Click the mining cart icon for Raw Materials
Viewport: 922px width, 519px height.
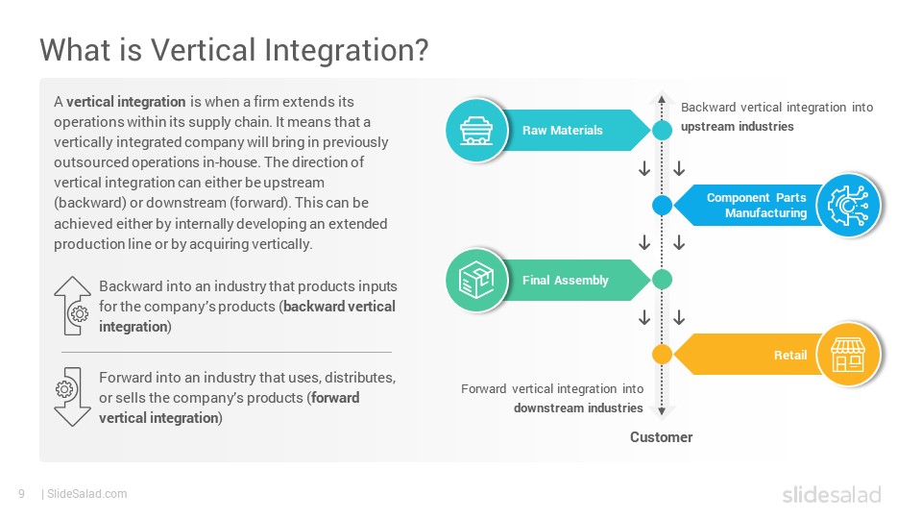pos(475,130)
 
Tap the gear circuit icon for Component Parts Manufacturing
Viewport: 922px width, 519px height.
pos(848,206)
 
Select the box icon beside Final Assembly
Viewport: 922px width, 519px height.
pos(475,280)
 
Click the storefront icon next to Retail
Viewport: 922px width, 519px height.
pos(847,355)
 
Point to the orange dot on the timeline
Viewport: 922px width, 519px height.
pos(662,355)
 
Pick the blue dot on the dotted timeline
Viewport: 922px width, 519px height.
pos(662,206)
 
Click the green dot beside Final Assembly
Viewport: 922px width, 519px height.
pos(662,280)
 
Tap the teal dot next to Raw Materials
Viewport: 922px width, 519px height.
pos(662,130)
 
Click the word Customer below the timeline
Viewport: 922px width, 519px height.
pos(661,437)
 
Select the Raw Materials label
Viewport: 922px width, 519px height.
pos(563,130)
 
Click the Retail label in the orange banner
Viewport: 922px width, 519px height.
pos(790,355)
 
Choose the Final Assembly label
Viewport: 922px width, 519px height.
pos(565,280)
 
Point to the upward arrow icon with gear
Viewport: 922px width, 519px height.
pos(72,306)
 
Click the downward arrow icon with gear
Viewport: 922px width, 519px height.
pos(72,397)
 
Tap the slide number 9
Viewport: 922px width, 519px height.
pos(22,494)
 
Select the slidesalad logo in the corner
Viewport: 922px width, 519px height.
pos(832,494)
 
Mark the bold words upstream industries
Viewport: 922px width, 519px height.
pos(738,127)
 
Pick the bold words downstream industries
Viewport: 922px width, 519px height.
pos(578,408)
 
